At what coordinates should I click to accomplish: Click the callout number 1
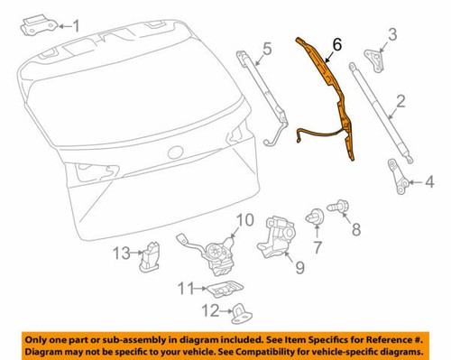pos(76,25)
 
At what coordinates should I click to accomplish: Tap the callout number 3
pos(392,36)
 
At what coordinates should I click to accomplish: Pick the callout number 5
pos(268,47)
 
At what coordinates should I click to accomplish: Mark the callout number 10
pos(354,230)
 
